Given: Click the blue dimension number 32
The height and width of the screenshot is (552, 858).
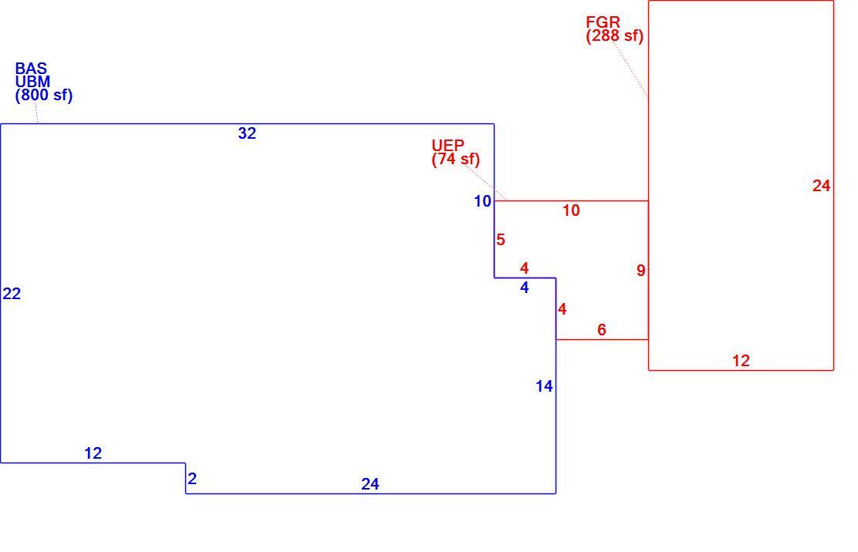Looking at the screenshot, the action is pyautogui.click(x=247, y=133).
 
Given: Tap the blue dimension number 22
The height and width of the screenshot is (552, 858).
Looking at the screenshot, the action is pyautogui.click(x=12, y=294).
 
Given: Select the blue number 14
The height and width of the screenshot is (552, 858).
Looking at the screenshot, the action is pyautogui.click(x=544, y=386).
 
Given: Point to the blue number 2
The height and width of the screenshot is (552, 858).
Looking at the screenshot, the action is pyautogui.click(x=192, y=479).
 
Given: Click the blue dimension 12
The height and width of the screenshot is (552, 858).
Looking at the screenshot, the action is pyautogui.click(x=93, y=453).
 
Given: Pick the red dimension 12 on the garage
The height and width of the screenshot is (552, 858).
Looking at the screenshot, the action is pyautogui.click(x=741, y=361).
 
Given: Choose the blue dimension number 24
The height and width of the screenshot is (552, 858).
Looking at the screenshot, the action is pyautogui.click(x=370, y=484).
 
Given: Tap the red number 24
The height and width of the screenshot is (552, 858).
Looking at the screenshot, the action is pyautogui.click(x=821, y=186).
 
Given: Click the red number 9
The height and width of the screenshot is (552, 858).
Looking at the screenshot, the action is pyautogui.click(x=640, y=271).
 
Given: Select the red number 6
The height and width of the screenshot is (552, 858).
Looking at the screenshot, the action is pyautogui.click(x=602, y=329).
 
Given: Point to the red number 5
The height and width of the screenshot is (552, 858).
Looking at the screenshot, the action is pyautogui.click(x=501, y=240).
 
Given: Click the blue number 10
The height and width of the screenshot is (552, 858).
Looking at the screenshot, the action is pyautogui.click(x=483, y=202).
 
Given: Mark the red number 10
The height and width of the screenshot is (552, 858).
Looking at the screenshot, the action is pyautogui.click(x=571, y=210).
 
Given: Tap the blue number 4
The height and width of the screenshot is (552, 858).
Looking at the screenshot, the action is pyautogui.click(x=524, y=288).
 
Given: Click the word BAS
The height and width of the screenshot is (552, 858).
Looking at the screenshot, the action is pyautogui.click(x=31, y=69).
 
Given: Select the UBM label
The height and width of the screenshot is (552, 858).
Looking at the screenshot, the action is pyautogui.click(x=33, y=82).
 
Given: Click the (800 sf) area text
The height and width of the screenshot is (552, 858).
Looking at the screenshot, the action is pyautogui.click(x=44, y=96).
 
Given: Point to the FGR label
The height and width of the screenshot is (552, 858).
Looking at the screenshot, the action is pyautogui.click(x=603, y=22).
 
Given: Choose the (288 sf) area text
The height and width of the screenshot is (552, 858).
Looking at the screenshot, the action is pyautogui.click(x=614, y=36).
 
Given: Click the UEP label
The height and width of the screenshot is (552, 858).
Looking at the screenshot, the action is pyautogui.click(x=448, y=146).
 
